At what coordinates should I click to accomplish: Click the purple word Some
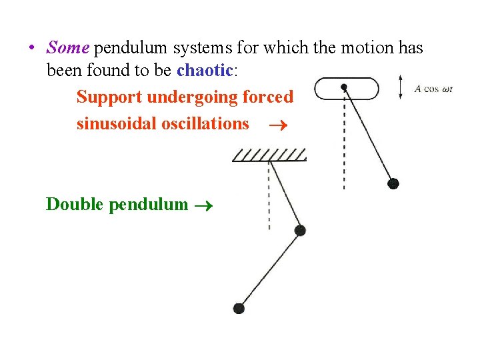tap(68, 48)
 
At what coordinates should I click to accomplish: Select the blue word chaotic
tap(206, 69)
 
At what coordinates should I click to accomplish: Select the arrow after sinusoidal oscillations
tap(274, 125)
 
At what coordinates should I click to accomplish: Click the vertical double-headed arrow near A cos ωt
tap(400, 88)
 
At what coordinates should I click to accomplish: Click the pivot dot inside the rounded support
tap(344, 87)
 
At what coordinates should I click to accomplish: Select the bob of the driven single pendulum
tap(393, 183)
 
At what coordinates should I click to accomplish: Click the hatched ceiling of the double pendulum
tap(269, 156)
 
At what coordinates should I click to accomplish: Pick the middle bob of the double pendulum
tap(300, 230)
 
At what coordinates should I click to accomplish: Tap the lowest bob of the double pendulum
tap(239, 307)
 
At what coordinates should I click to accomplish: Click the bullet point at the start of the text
tap(31, 49)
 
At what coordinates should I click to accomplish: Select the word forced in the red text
tap(267, 97)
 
